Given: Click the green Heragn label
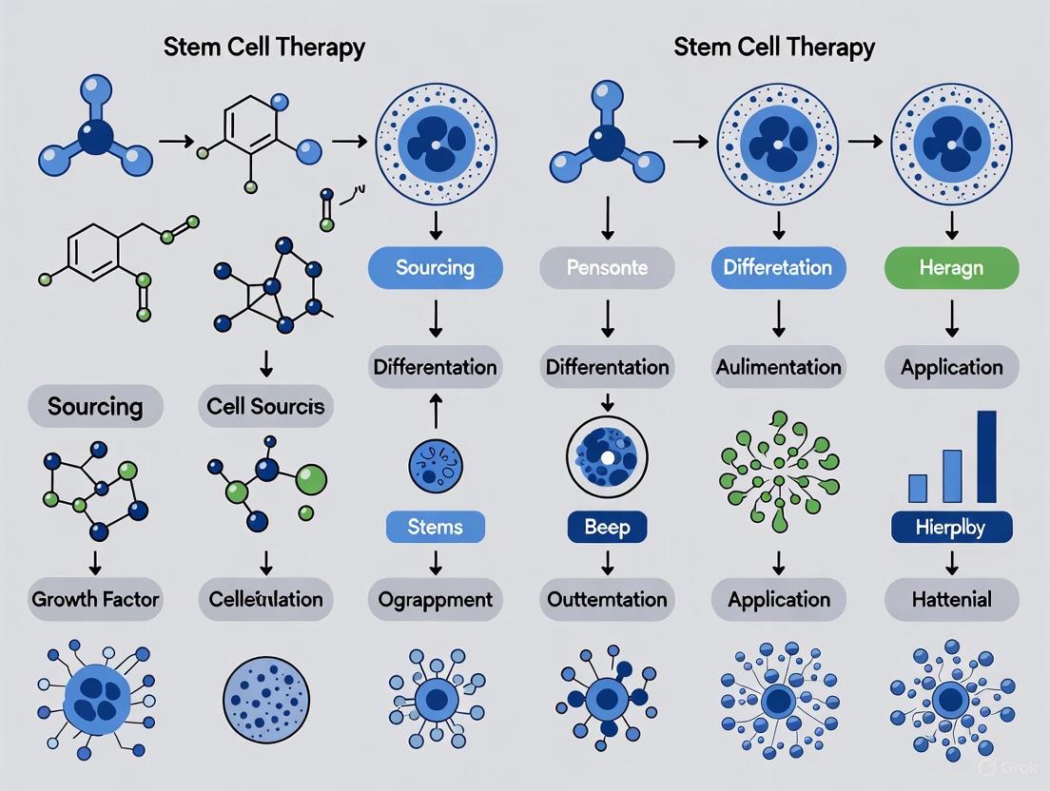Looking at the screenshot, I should [x=951, y=268].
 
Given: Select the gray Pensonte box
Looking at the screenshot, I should [x=607, y=268].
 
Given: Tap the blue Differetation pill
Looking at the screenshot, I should [x=778, y=268].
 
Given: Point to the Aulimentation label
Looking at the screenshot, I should [x=778, y=367].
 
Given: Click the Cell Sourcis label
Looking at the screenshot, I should [x=265, y=407].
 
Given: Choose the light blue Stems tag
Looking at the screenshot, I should [x=435, y=526].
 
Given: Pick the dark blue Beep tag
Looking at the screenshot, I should [x=607, y=526].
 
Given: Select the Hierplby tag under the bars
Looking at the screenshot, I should [x=951, y=526].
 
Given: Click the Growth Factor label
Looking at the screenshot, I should [x=95, y=599].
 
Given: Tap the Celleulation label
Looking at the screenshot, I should [x=265, y=599].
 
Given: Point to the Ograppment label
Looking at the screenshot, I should [x=435, y=599].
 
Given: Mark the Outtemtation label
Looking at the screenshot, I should [x=607, y=599].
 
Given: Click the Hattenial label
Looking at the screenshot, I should [x=951, y=599].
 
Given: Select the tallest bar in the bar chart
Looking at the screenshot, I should [x=986, y=456].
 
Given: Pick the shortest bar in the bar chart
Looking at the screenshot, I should [x=918, y=487].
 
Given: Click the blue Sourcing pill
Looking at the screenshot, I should [x=435, y=268].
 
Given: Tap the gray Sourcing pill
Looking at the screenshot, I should [x=95, y=407].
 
